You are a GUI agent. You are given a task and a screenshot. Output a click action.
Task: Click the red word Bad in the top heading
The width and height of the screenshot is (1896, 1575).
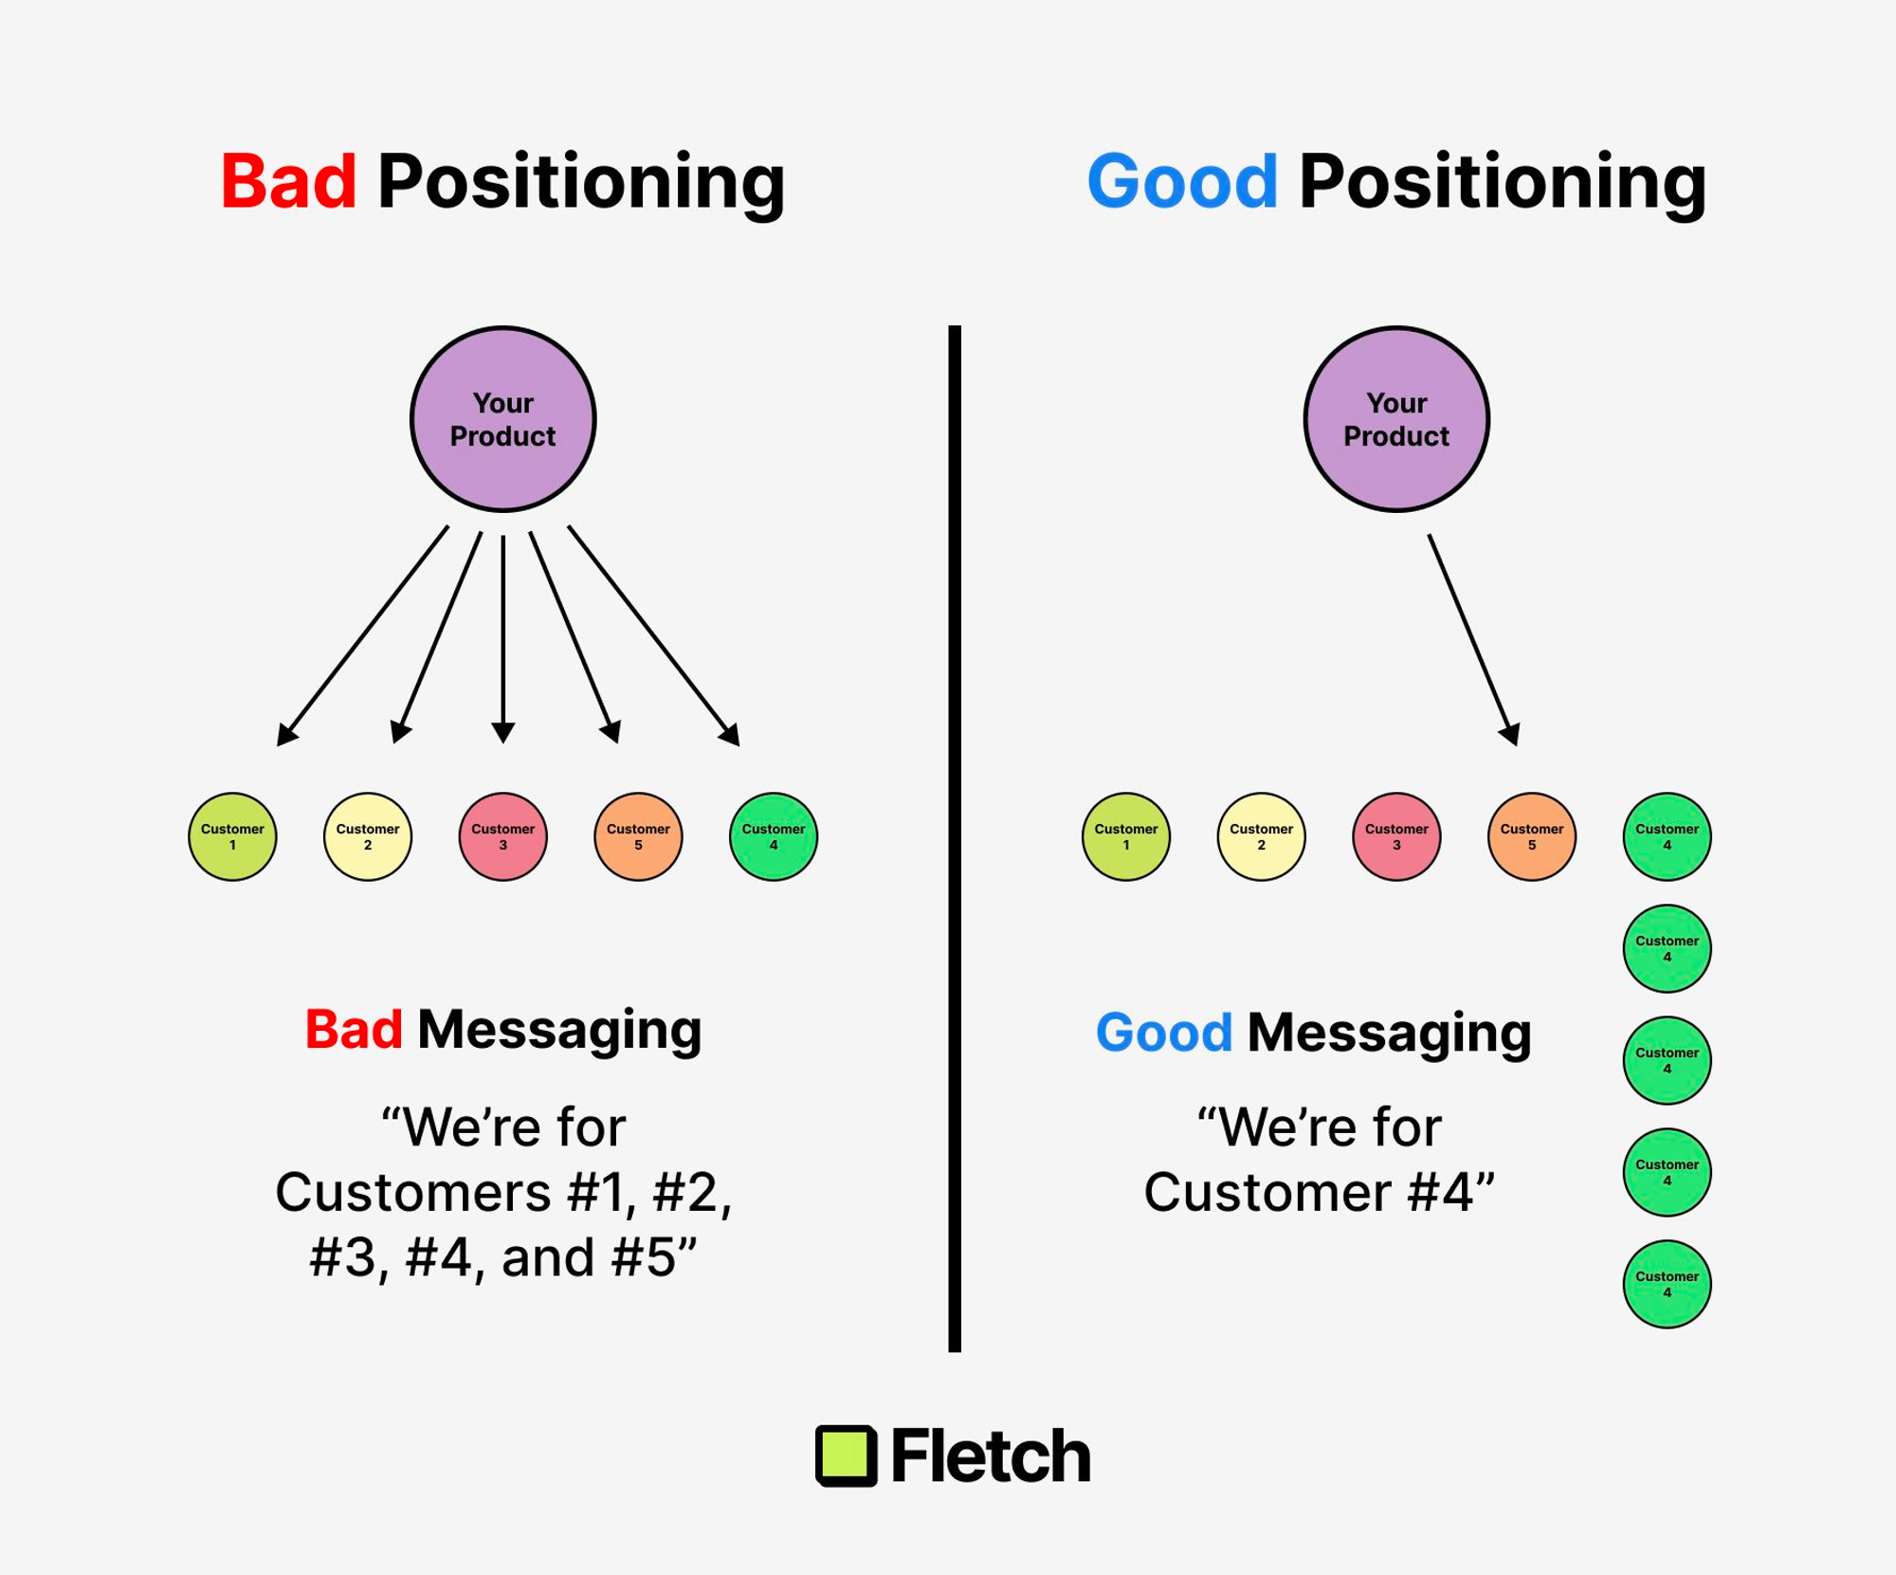(288, 181)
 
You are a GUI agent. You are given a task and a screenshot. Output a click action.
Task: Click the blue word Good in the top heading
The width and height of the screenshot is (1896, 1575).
(1182, 181)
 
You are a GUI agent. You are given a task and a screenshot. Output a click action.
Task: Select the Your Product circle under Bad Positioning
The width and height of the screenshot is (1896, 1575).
(502, 419)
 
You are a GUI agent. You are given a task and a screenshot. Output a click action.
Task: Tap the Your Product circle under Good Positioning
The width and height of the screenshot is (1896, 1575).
(1396, 419)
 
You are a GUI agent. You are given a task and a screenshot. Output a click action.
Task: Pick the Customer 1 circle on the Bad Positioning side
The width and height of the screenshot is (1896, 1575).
(232, 836)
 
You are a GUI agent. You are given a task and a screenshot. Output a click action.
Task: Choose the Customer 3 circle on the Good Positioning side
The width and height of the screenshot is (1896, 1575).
(1396, 836)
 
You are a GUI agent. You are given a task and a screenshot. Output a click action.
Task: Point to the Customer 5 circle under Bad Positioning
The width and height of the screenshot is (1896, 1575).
(638, 836)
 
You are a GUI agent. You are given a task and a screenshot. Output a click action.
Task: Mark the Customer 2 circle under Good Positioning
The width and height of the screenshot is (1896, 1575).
(1261, 836)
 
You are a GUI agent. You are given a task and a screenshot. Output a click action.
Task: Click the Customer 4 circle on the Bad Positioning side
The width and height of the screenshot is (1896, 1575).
(774, 836)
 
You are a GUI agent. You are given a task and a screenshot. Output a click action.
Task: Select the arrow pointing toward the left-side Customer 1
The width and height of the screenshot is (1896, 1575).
(362, 636)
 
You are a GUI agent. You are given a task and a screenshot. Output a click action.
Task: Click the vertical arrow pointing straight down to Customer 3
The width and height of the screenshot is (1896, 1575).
(502, 639)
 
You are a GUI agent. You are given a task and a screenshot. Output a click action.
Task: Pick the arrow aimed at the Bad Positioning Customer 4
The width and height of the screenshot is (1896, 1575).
(654, 636)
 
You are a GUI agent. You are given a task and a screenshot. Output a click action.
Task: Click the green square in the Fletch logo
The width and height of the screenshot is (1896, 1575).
(846, 1456)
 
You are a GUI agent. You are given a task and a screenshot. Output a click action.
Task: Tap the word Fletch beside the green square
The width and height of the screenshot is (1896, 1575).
(991, 1456)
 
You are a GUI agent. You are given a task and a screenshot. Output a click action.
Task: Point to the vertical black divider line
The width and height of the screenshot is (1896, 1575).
(955, 839)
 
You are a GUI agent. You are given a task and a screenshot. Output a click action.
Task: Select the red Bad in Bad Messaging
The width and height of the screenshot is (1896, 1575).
(354, 1030)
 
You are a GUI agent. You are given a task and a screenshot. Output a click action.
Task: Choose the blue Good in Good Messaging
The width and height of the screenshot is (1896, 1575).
(1164, 1033)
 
